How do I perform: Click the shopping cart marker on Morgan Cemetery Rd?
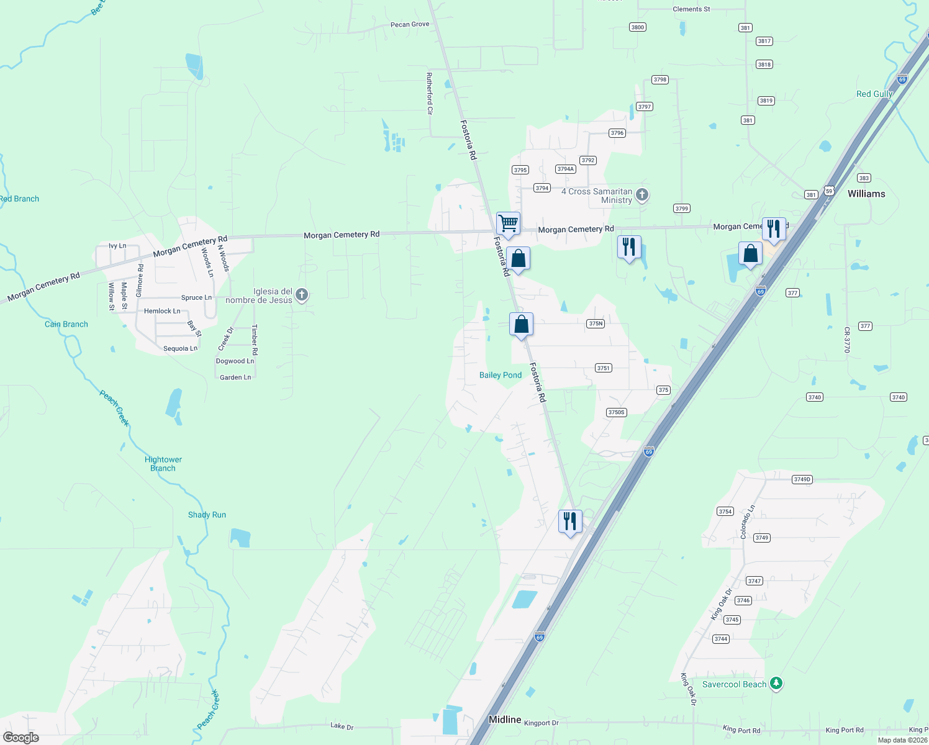point(508,223)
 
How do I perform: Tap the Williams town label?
point(866,194)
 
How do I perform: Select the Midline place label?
point(504,720)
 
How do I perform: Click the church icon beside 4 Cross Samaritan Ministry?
point(642,195)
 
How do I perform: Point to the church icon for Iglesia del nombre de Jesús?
point(302,295)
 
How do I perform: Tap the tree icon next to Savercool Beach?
point(776,684)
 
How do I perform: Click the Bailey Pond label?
point(500,375)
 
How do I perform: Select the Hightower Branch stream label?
point(163,464)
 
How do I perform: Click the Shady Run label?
point(207,515)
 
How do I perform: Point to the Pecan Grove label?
point(410,24)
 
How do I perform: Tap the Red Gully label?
point(874,94)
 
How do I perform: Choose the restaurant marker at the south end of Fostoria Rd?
point(570,521)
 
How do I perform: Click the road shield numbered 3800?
point(637,27)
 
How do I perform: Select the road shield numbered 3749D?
point(802,479)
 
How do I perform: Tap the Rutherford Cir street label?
point(429,93)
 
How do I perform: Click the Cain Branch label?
point(66,324)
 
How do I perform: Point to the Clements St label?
point(691,9)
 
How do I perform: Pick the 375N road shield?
point(596,323)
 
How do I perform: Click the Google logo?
point(21,738)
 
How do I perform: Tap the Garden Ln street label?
point(235,377)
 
